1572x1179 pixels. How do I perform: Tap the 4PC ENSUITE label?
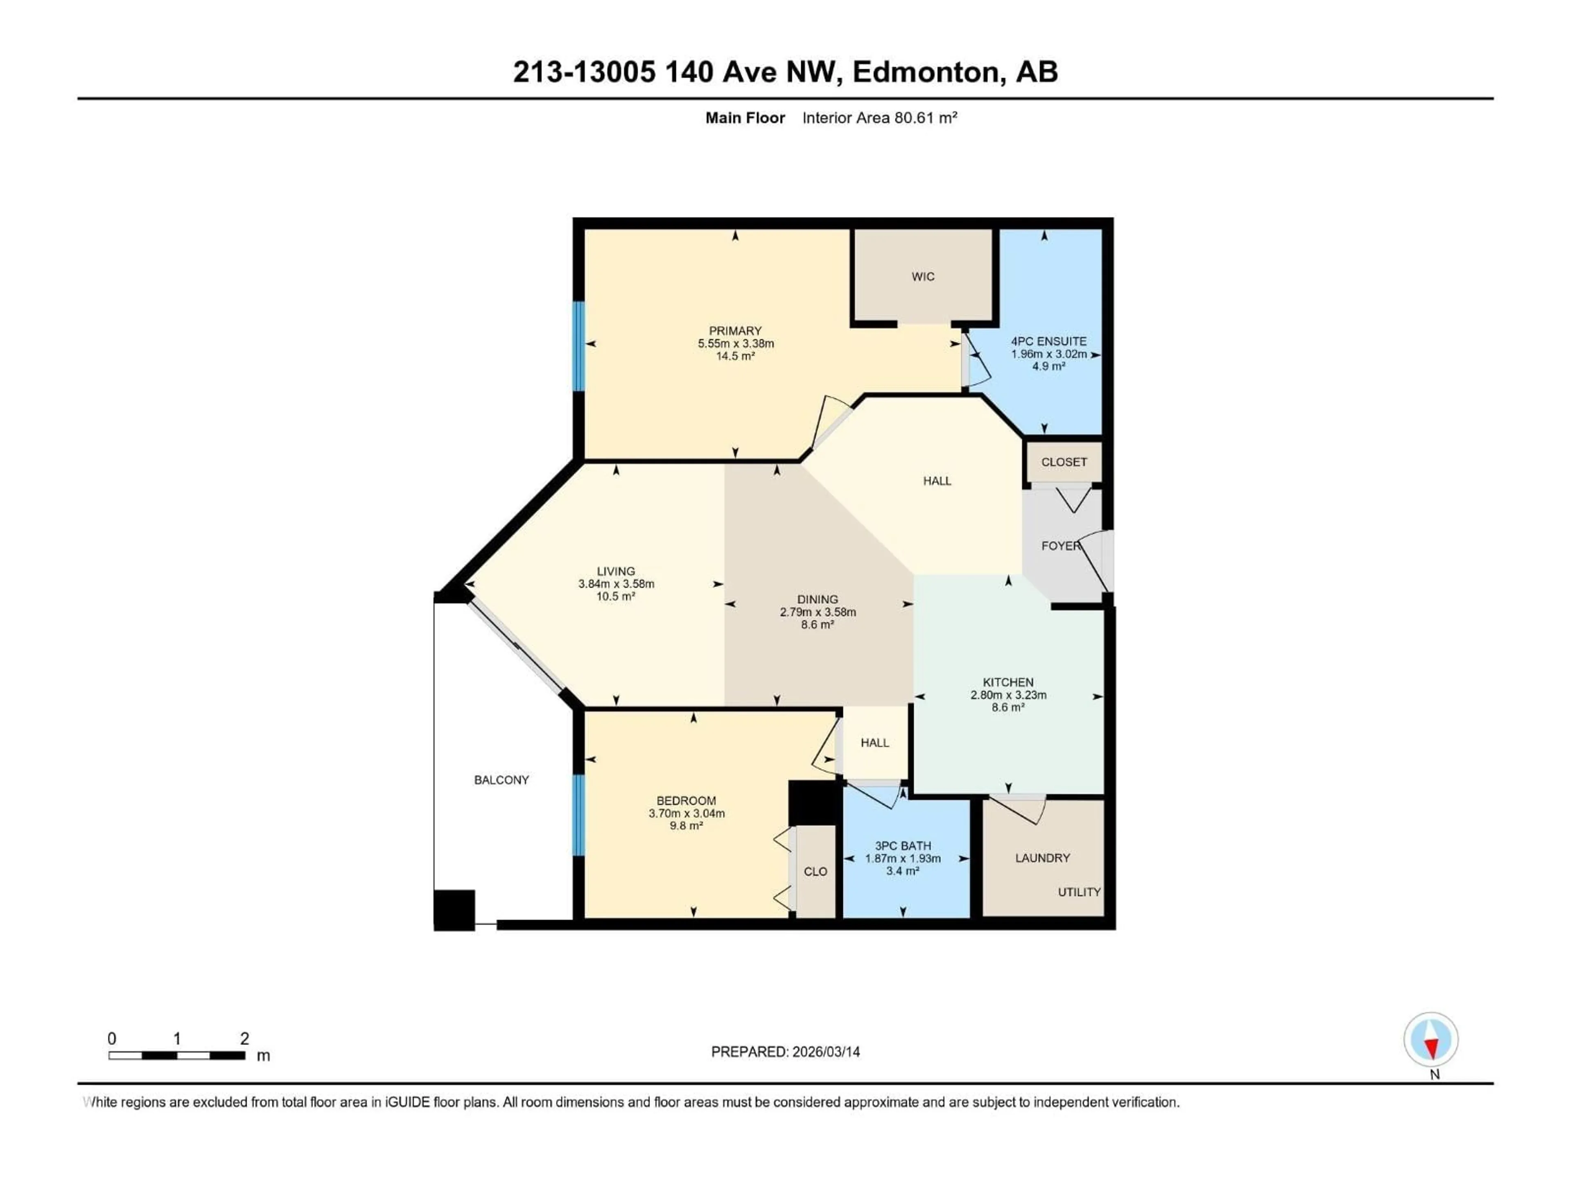point(1048,341)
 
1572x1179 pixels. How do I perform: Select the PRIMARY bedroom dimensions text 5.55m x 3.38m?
point(736,343)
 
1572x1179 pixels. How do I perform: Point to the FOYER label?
point(1059,546)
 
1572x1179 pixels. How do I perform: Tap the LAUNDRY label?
point(1042,858)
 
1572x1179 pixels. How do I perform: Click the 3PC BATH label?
point(903,846)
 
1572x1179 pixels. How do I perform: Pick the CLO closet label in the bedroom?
point(815,871)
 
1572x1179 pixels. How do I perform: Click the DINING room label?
point(817,599)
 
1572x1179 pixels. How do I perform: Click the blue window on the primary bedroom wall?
point(578,346)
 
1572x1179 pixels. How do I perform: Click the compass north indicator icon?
point(1431,1040)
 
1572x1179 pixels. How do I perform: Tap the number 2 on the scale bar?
point(244,1038)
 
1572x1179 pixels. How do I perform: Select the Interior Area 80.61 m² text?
point(879,118)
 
